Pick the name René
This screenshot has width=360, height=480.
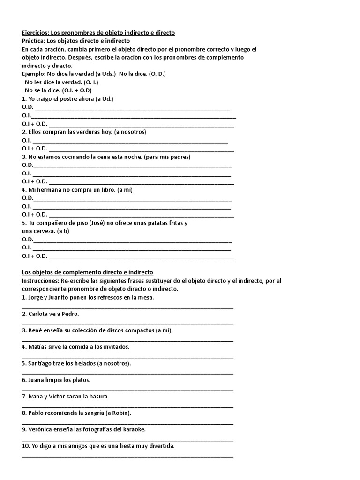[x=35, y=330]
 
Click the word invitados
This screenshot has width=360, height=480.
[x=116, y=347]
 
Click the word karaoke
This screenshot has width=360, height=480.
[x=133, y=429]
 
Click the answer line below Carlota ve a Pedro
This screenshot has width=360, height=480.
[x=127, y=323]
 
